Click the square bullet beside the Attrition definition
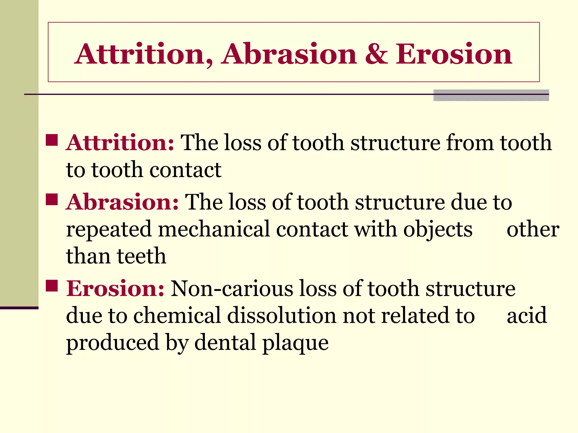tap(52, 140)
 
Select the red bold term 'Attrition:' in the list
tap(120, 143)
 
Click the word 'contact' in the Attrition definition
tap(185, 170)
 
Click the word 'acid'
tap(527, 315)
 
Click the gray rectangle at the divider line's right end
tap(491, 95)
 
